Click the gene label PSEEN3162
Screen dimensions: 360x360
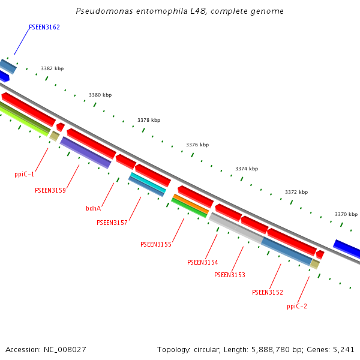click(44, 28)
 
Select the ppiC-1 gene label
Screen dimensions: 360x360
click(25, 175)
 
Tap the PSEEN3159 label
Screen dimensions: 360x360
click(50, 191)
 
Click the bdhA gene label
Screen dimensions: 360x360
click(93, 209)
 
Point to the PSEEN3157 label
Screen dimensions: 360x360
click(112, 223)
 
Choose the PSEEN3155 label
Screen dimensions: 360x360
click(156, 245)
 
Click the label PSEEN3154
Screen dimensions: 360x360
click(203, 263)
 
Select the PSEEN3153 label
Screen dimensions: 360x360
click(230, 275)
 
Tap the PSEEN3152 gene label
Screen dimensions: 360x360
click(268, 293)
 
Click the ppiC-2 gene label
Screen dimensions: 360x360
click(297, 306)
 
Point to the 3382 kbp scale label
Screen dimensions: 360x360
click(52, 69)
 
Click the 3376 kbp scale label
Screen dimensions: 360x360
click(197, 145)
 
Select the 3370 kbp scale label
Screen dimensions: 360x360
click(346, 214)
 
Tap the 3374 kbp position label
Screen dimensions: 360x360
click(247, 169)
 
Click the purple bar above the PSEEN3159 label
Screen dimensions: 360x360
click(86, 152)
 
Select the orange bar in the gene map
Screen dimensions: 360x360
click(190, 203)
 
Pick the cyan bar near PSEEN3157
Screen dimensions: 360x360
click(148, 182)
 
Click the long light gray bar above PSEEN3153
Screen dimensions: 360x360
click(235, 228)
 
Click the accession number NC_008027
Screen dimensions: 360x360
click(64, 349)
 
